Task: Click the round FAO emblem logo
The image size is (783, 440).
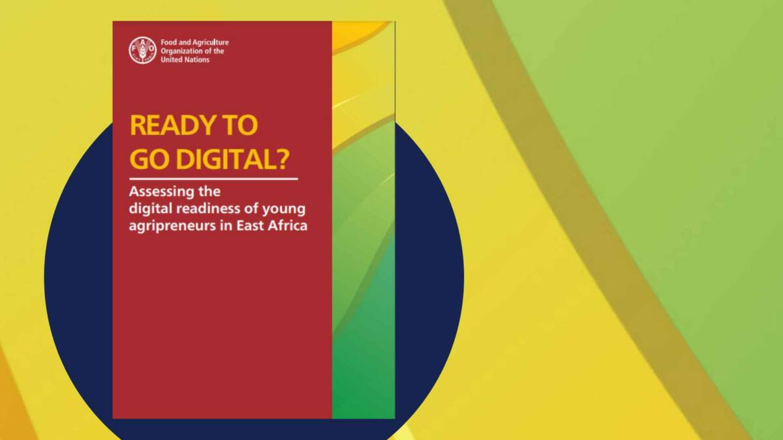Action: click(142, 50)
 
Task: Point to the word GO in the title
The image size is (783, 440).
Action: click(147, 159)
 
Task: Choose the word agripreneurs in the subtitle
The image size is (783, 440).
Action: click(167, 227)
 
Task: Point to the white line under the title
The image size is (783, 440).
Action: click(213, 178)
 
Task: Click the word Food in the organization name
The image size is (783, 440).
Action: click(168, 42)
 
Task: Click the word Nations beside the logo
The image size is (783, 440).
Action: click(196, 59)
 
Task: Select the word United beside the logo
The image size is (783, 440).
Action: click(171, 59)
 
